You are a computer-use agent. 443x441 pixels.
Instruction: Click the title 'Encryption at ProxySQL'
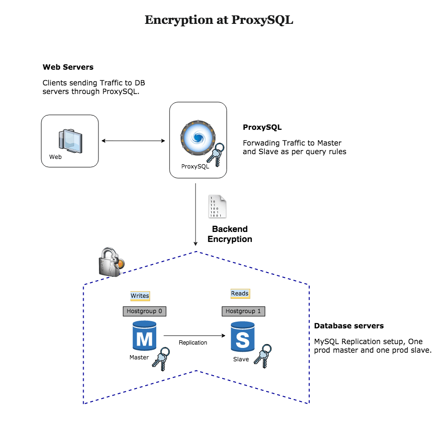tap(218, 20)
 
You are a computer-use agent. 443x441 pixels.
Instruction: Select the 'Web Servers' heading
tap(68, 67)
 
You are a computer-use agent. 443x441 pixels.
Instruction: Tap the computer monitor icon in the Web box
tap(70, 139)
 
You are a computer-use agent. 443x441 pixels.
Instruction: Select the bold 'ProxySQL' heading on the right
tap(262, 127)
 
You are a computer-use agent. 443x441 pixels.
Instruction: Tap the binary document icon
tap(217, 206)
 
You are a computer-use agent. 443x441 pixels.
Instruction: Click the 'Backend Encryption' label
tap(230, 234)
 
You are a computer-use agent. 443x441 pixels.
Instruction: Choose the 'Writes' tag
tap(140, 296)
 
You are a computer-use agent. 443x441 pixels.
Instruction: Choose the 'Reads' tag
tap(240, 294)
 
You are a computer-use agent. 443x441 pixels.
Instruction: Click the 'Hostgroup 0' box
tap(144, 311)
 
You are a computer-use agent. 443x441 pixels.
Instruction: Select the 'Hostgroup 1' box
tap(243, 311)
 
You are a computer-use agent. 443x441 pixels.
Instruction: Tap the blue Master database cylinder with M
tap(144, 337)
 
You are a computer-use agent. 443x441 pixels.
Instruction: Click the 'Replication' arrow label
tap(193, 343)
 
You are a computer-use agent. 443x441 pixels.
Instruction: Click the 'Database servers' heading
tap(349, 326)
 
